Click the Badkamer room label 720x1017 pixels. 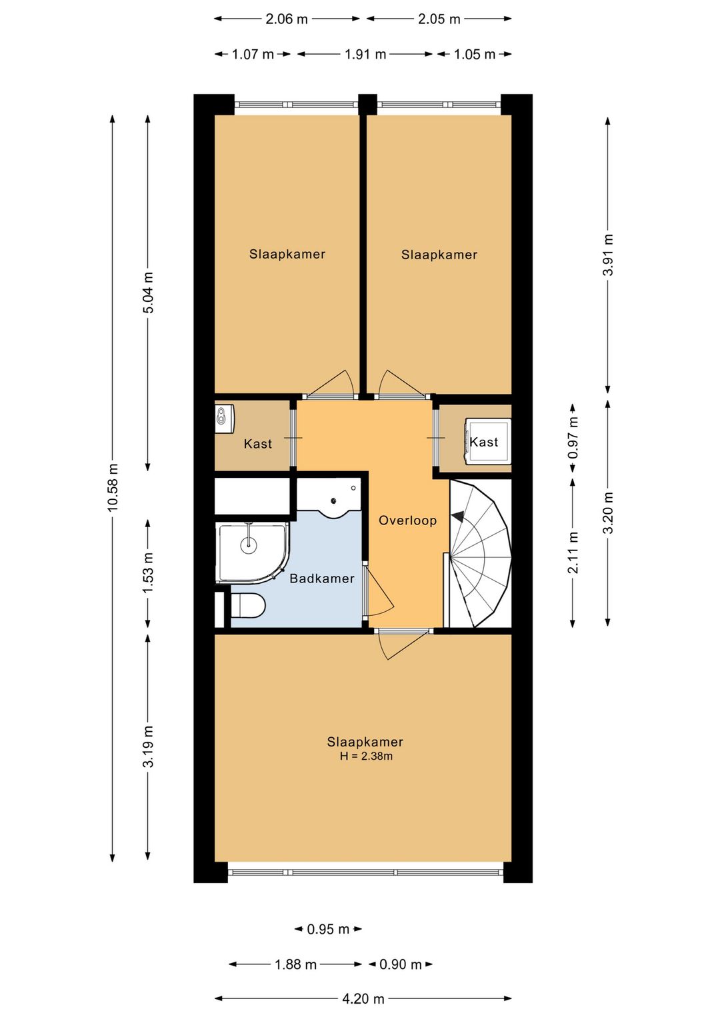(321, 578)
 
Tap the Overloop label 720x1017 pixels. (407, 520)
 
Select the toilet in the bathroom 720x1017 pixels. (247, 605)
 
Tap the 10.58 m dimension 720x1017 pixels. (113, 488)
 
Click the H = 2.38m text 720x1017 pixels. (366, 756)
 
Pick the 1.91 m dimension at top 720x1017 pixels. (365, 55)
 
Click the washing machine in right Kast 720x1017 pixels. (487, 441)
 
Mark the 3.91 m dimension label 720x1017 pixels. (608, 255)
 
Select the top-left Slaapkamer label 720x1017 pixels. (287, 254)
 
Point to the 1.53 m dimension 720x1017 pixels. (147, 572)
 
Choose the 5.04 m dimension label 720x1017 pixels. (148, 293)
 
